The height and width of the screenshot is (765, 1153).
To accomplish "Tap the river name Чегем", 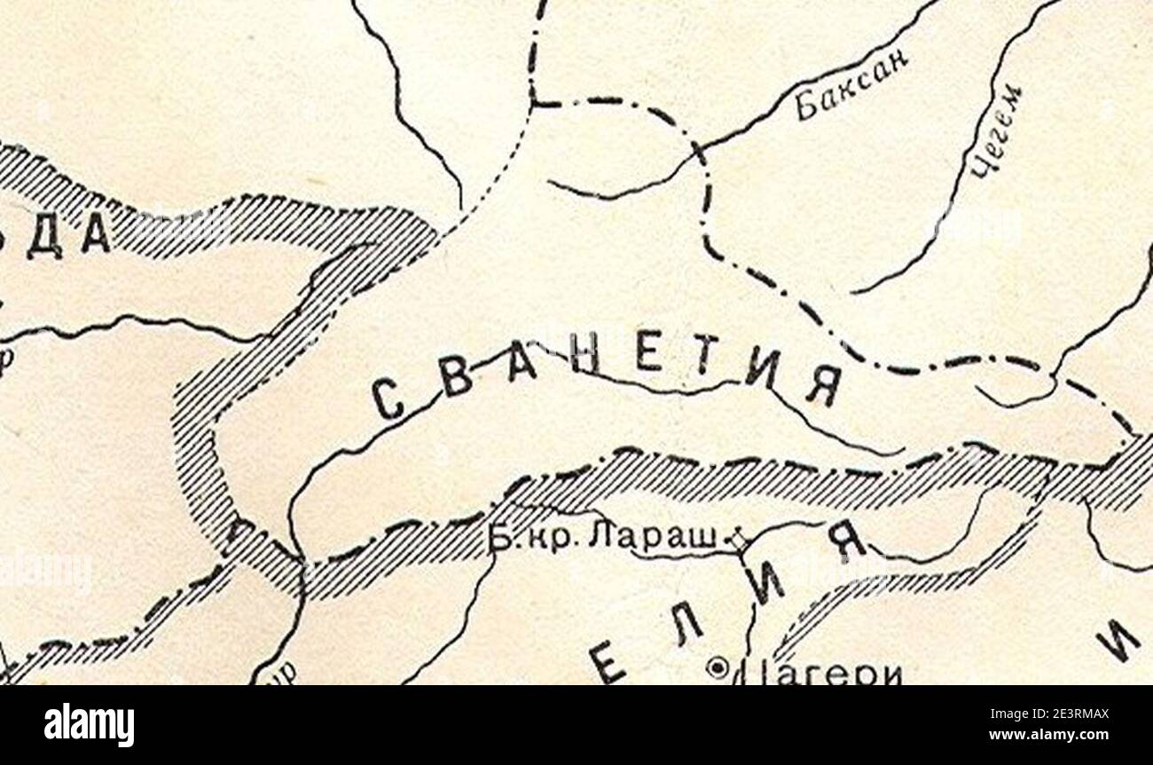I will click(995, 131).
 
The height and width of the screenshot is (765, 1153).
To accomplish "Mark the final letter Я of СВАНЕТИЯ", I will click(822, 386).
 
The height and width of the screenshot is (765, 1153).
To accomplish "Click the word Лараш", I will click(678, 540).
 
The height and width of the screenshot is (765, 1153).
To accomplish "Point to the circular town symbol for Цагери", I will click(717, 666).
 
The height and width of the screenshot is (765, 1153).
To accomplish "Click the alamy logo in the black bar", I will click(89, 725).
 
